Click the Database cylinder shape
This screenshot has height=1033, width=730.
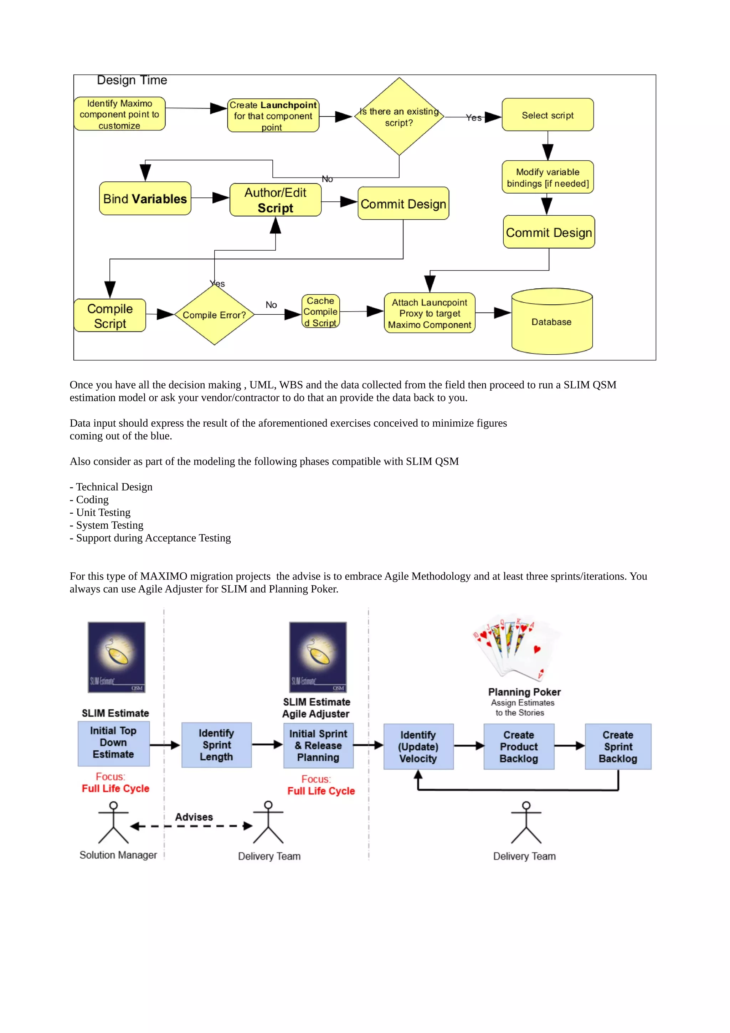tap(552, 321)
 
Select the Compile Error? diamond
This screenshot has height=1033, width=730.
tap(215, 315)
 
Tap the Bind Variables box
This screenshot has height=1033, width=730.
tap(145, 199)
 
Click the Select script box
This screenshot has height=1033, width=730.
tap(547, 115)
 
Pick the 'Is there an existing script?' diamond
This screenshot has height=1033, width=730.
tap(399, 117)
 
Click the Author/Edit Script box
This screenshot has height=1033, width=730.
tap(275, 200)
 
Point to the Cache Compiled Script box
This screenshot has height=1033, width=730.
tap(320, 311)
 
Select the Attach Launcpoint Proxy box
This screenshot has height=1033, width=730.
tap(430, 313)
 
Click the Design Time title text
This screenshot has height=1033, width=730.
tap(132, 80)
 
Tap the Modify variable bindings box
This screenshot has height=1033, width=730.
tap(547, 177)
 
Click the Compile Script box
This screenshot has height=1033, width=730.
tap(110, 316)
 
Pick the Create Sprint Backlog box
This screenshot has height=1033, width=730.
tap(618, 746)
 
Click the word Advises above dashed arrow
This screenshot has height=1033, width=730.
tap(194, 817)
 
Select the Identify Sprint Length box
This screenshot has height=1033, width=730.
tap(216, 745)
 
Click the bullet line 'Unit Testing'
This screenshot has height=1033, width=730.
tap(103, 513)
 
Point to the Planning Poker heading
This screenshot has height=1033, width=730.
tap(524, 692)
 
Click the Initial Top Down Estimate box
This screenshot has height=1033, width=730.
tap(113, 743)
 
